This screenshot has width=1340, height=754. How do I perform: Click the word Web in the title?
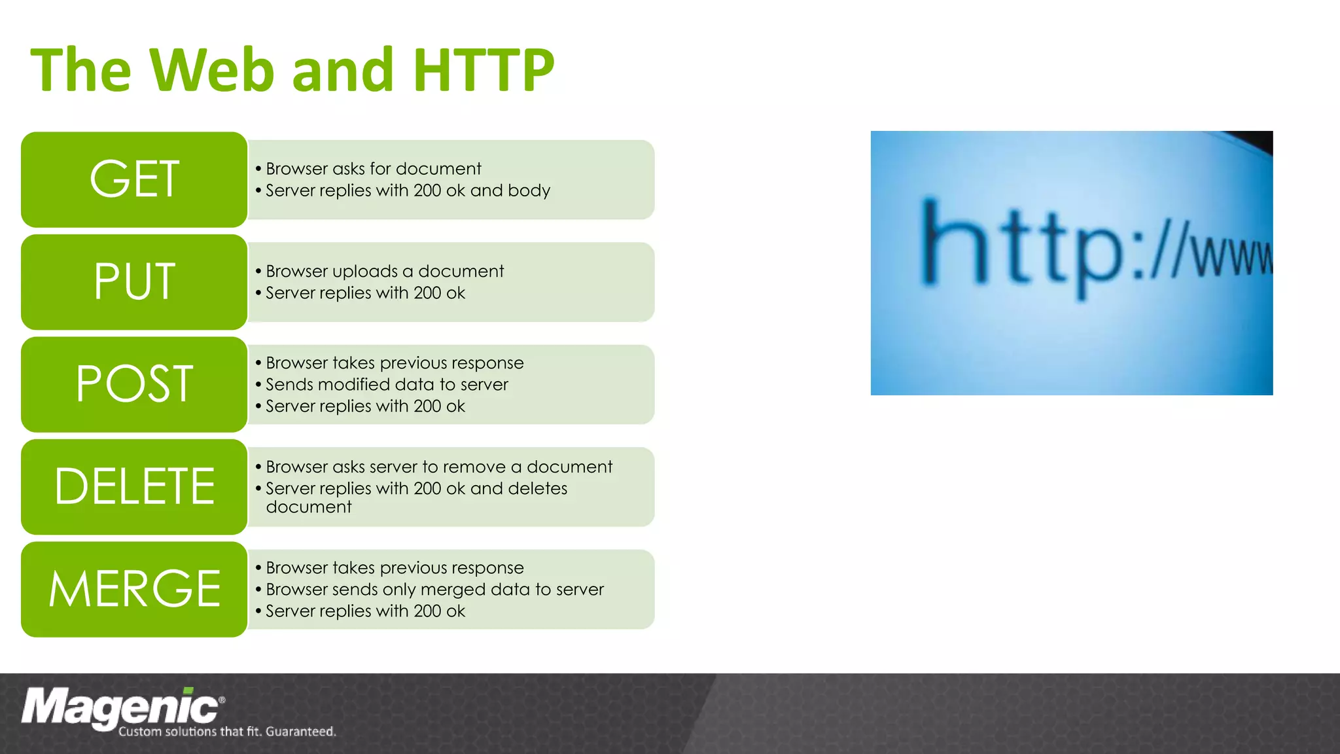(211, 70)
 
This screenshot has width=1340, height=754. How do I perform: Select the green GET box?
(134, 179)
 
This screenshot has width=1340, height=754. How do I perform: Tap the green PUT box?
(134, 282)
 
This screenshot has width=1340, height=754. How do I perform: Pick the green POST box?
(134, 384)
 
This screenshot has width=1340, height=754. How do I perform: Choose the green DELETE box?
(134, 487)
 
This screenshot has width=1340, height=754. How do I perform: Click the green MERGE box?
(134, 589)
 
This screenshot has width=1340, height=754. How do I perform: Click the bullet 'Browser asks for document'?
(373, 169)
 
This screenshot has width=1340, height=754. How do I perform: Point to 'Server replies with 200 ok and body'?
(408, 190)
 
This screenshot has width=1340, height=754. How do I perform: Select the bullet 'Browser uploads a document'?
(385, 272)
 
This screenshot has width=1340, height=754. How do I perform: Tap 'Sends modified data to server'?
(387, 385)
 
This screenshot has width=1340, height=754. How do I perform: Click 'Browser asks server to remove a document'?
(438, 467)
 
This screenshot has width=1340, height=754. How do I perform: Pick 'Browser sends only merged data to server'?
(434, 590)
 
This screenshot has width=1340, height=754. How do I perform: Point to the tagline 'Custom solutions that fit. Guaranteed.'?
(227, 732)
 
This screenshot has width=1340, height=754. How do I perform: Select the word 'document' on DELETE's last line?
(309, 507)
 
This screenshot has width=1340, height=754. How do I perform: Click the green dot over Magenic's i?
(188, 691)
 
